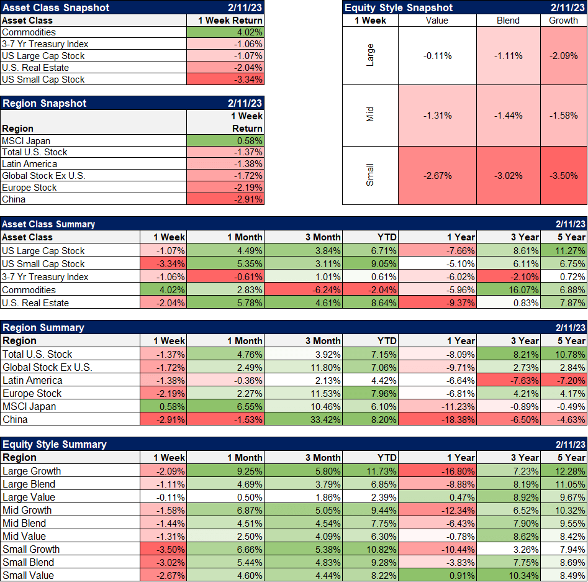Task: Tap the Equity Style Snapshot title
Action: (399, 8)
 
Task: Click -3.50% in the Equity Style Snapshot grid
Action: (563, 175)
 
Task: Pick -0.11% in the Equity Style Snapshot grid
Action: (437, 56)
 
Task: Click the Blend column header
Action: (509, 20)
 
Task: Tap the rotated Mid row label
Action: (370, 116)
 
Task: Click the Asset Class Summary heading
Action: (49, 224)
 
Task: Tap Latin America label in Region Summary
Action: (32, 380)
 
